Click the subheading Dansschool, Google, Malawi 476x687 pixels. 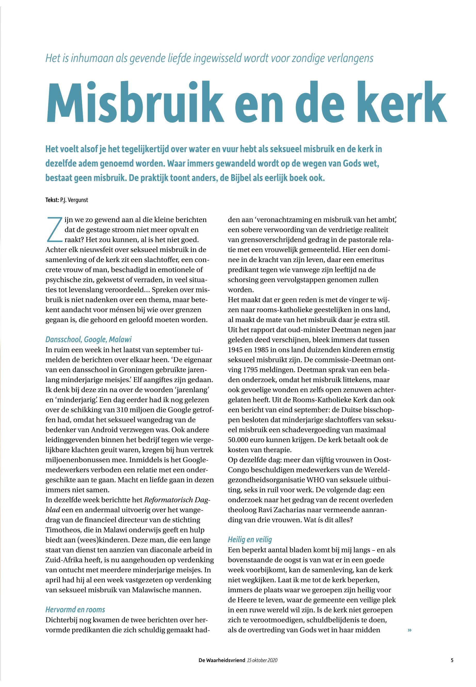click(x=88, y=339)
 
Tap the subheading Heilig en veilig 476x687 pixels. click(x=250, y=540)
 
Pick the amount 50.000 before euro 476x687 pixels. click(x=239, y=440)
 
